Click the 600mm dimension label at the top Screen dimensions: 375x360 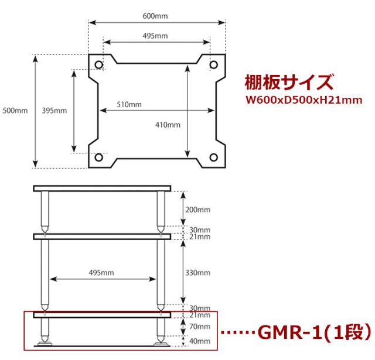click(155, 16)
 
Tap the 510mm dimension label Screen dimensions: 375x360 click(129, 104)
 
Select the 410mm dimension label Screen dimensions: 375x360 click(168, 125)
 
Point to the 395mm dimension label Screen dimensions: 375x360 click(54, 111)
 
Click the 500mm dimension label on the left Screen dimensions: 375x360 click(15, 111)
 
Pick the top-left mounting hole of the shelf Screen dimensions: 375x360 click(99, 64)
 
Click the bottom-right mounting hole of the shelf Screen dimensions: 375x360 click(213, 157)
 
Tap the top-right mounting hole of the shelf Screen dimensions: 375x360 click(213, 64)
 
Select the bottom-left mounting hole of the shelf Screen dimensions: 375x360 click(99, 157)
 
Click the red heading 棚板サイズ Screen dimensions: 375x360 click(289, 82)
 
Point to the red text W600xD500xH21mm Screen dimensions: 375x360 click(304, 100)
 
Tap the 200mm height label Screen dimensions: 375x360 click(198, 210)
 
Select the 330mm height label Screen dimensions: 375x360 click(198, 273)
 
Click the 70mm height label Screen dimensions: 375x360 click(200, 326)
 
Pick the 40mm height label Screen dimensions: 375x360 click(200, 341)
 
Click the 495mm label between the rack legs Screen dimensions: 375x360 click(101, 273)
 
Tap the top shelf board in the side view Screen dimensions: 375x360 click(102, 188)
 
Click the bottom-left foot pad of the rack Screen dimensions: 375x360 click(45, 344)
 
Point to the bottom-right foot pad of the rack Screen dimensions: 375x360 click(161, 344)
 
